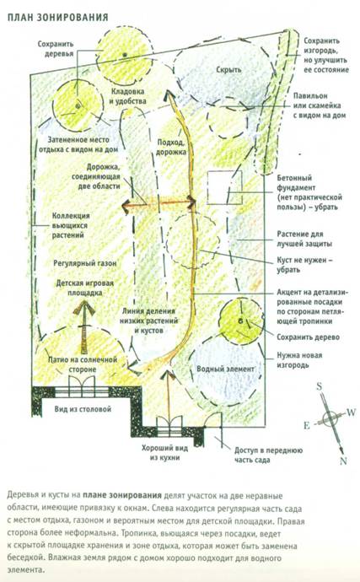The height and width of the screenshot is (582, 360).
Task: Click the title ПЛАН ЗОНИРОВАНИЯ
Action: (x=57, y=17)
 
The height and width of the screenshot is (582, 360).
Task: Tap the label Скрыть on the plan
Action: (x=228, y=70)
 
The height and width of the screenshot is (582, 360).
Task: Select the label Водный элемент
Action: (x=225, y=369)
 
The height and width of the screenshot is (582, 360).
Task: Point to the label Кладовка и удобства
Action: (x=127, y=96)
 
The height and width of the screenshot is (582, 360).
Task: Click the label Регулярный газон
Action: (x=85, y=263)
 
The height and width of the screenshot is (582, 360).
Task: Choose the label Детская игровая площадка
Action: (x=84, y=288)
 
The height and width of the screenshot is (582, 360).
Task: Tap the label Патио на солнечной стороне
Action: (x=83, y=364)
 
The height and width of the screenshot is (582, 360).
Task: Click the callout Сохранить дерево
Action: (x=308, y=337)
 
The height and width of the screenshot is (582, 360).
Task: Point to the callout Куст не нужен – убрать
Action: (x=304, y=265)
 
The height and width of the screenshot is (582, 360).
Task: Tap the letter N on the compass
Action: (x=343, y=461)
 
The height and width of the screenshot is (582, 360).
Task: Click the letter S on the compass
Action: (x=320, y=387)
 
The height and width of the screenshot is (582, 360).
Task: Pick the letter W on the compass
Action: (x=351, y=412)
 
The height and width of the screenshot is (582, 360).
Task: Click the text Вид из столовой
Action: (x=83, y=409)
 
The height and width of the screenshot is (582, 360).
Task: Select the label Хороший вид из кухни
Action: (x=164, y=453)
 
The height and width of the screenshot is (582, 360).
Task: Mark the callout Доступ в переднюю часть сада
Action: (x=268, y=455)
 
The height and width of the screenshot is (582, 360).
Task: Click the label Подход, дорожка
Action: (x=171, y=147)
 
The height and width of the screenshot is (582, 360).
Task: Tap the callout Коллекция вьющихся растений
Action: (x=71, y=225)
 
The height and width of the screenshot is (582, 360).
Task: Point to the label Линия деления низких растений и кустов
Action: (x=149, y=321)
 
